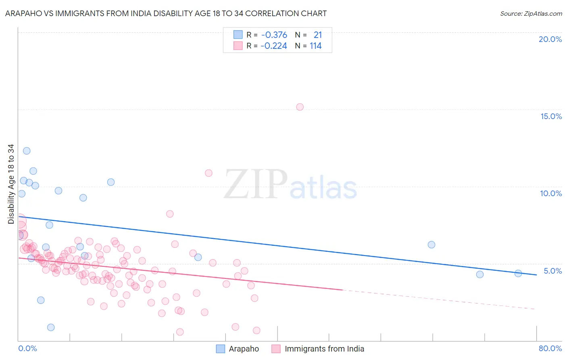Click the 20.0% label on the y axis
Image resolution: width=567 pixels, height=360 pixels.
pos(550,39)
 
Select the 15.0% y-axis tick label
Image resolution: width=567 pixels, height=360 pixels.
pos(551,116)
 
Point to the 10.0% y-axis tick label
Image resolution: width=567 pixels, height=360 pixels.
pos(551,193)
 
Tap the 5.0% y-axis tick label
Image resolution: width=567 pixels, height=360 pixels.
pos(552,271)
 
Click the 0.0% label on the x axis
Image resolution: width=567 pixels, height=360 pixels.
pos(27,348)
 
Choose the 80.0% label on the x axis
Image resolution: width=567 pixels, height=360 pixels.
pos(550,348)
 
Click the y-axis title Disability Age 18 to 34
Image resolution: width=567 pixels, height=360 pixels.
pos(11,184)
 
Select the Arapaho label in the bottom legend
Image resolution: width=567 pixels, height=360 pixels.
pos(244,349)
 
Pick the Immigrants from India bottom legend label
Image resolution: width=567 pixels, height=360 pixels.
pos(324,349)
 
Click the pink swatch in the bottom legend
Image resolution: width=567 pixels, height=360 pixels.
pos(276,349)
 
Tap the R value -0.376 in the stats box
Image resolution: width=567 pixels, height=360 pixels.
pos(274,35)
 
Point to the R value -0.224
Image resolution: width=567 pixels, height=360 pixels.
pos(274,46)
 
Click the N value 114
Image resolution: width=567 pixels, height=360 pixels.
pos(315,46)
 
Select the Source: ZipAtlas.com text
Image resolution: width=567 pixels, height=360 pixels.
pos(531,13)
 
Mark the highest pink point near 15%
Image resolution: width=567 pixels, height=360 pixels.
pos(300,107)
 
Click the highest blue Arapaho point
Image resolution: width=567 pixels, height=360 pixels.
pos(27,151)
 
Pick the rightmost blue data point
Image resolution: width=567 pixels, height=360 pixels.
pos(518,273)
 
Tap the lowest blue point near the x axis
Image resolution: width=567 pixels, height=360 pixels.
pos(51,327)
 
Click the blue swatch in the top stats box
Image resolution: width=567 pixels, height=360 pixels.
pos(238,35)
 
